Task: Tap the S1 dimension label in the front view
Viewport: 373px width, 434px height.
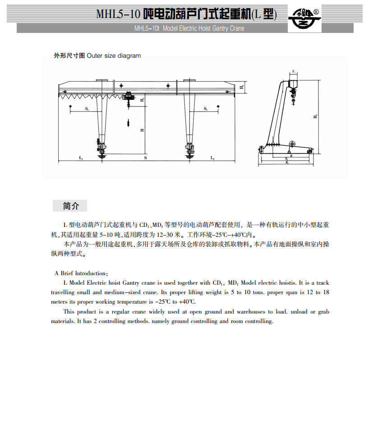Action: (86, 109)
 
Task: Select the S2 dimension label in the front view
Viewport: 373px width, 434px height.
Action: (205, 109)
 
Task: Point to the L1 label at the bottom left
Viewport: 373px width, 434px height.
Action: (81, 158)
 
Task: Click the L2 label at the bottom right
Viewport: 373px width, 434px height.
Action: (212, 158)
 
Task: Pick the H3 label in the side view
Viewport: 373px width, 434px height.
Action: (315, 116)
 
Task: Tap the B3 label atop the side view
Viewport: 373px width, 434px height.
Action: (294, 72)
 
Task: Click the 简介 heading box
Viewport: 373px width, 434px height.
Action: (69, 206)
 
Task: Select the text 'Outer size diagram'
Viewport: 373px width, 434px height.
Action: (114, 56)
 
